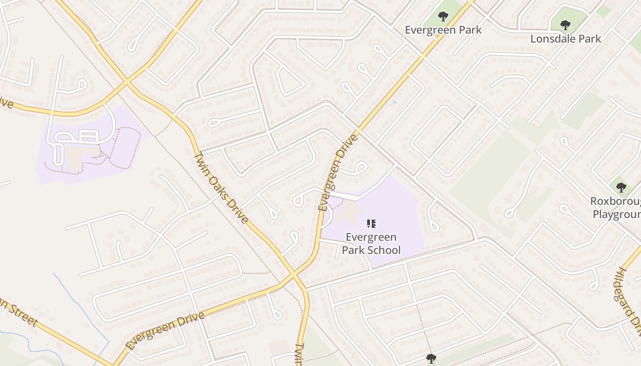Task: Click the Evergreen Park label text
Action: pyautogui.click(x=443, y=30)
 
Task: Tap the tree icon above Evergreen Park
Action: pyautogui.click(x=443, y=17)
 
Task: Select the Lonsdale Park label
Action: pyautogui.click(x=565, y=38)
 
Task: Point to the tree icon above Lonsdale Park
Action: pyautogui.click(x=565, y=25)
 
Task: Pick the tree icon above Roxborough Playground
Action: pyautogui.click(x=621, y=187)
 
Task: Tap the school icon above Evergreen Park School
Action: pyautogui.click(x=371, y=224)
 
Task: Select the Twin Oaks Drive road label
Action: pyautogui.click(x=221, y=188)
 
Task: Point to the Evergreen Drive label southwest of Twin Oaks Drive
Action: pyautogui.click(x=165, y=330)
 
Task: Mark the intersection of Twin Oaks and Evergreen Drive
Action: pyautogui.click(x=293, y=274)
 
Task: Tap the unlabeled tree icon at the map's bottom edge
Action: pyautogui.click(x=430, y=358)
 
